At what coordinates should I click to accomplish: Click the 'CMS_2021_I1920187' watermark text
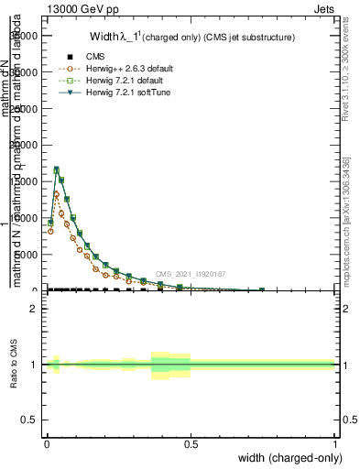[190, 274]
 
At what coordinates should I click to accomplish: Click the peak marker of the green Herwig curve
[56, 169]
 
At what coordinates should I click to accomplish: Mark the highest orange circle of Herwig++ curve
[56, 194]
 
